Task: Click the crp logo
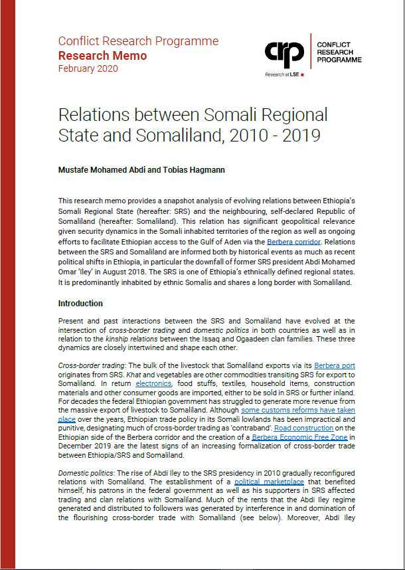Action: pyautogui.click(x=285, y=52)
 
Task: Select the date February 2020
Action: pyautogui.click(x=88, y=68)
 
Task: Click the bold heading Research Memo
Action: pyautogui.click(x=102, y=55)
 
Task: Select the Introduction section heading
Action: pyautogui.click(x=80, y=304)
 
